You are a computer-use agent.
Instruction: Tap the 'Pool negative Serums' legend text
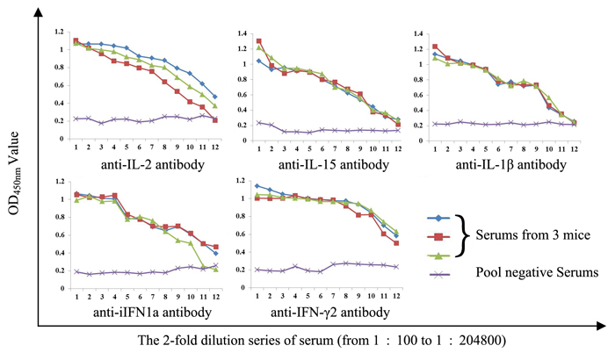pos(527,275)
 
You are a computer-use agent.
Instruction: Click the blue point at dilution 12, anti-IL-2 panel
pos(215,97)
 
